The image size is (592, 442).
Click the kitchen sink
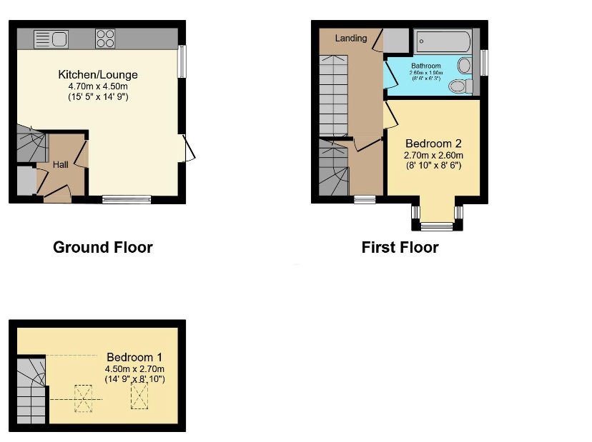pos(50,39)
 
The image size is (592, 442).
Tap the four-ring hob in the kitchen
pos(105,38)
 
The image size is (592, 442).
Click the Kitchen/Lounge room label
pos(98,75)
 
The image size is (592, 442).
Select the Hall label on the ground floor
pos(60,165)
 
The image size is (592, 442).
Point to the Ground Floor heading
pos(103,248)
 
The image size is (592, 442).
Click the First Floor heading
pos(400,248)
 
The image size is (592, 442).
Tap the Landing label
pos(350,38)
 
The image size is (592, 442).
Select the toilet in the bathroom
pos(460,86)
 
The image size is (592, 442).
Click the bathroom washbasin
pos(464,66)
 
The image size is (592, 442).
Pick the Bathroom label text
pos(426,66)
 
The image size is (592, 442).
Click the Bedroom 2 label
pos(434,144)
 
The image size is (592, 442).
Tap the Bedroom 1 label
pos(135,357)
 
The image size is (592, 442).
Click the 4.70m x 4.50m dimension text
pos(98,86)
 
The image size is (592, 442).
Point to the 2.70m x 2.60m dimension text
pos(434,156)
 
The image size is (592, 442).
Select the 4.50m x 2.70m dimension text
pos(135,368)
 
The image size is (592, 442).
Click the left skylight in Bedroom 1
pos(84,398)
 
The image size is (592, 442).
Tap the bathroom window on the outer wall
pos(485,61)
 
